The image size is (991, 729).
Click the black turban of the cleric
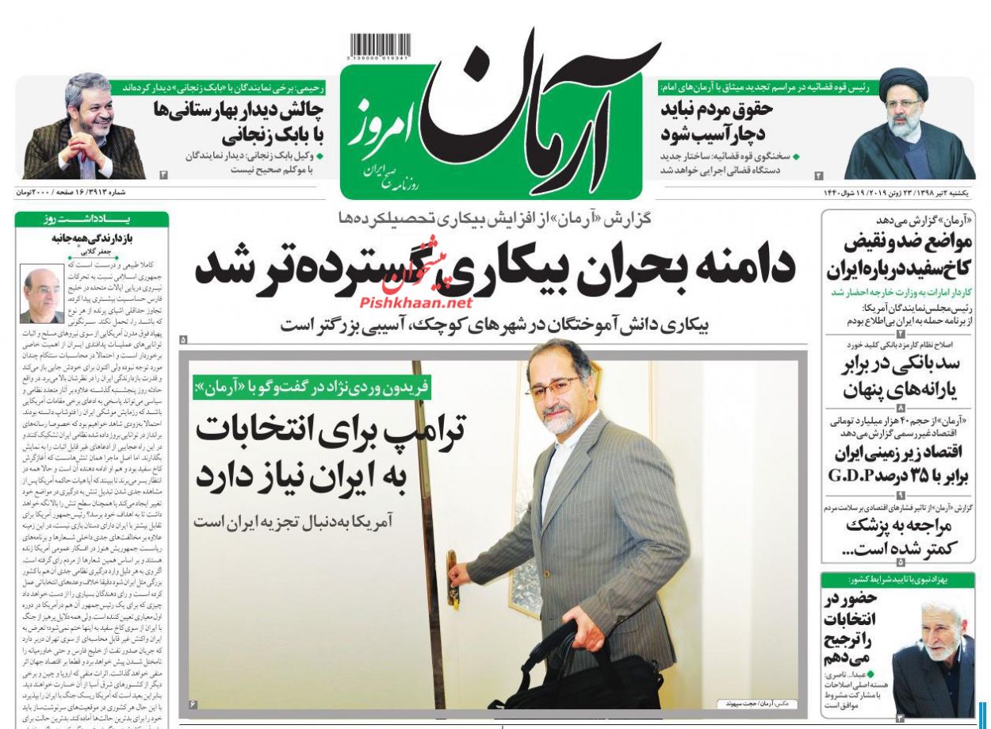(903, 82)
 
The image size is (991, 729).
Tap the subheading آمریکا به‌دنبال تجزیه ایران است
(300, 522)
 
